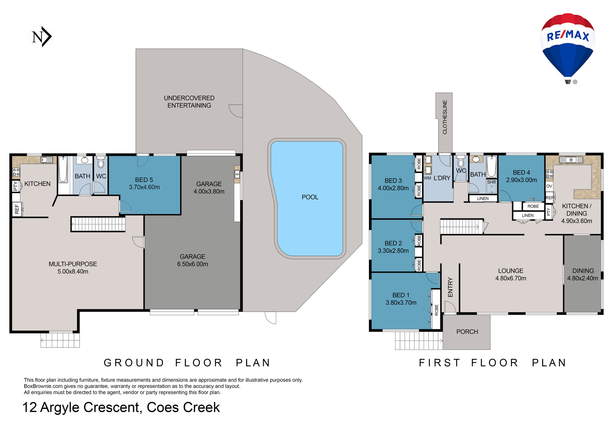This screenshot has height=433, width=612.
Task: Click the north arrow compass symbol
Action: [x=42, y=37]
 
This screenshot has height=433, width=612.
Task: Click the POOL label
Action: [x=310, y=197]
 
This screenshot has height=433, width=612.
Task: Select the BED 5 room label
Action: [x=144, y=180]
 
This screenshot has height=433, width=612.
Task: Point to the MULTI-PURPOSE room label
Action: [x=73, y=264]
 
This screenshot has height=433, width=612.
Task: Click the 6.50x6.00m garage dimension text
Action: [x=192, y=264]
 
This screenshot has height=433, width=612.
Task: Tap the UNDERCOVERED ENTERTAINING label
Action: [x=189, y=102]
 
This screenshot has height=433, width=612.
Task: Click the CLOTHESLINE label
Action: [x=445, y=117]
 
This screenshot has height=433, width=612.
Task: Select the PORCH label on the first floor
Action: [x=467, y=332]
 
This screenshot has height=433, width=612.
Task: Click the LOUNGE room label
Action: [x=511, y=271]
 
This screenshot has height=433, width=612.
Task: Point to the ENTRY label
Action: [x=450, y=287]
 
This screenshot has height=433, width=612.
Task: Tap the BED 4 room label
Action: [x=521, y=173]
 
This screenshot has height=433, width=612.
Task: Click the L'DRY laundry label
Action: [x=442, y=178]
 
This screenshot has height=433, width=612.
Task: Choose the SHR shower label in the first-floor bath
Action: [x=491, y=182]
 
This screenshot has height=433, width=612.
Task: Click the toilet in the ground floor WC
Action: [x=101, y=162]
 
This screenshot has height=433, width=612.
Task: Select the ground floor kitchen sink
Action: [x=47, y=160]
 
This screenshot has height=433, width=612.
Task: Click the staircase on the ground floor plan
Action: [x=98, y=224]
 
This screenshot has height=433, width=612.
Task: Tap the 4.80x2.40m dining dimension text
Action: [x=583, y=278]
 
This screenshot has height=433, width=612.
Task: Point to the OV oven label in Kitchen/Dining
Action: [x=549, y=186]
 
